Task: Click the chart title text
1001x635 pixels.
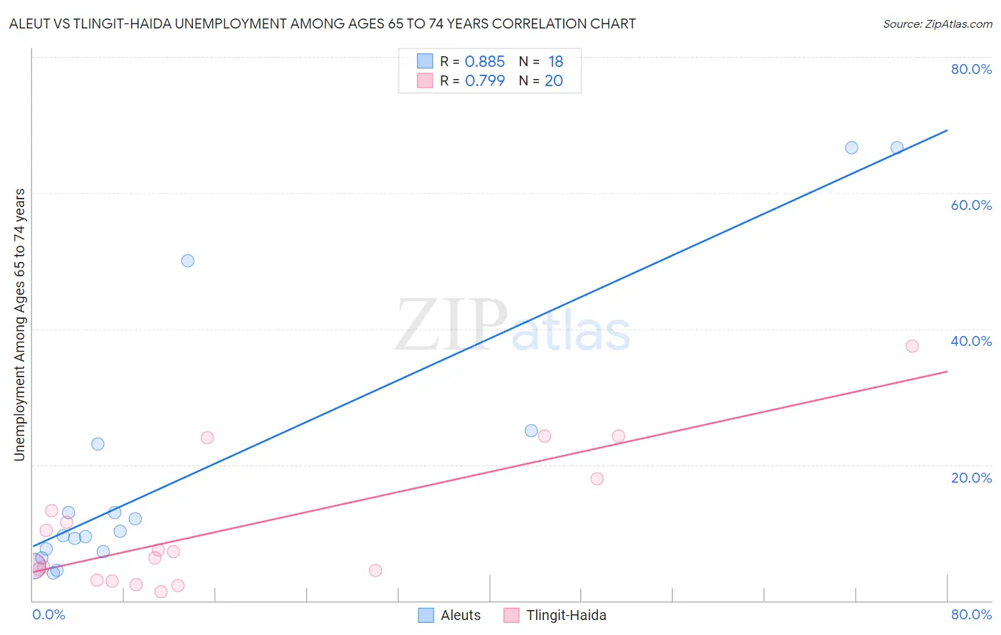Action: [323, 23]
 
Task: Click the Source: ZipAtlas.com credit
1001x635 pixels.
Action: [937, 24]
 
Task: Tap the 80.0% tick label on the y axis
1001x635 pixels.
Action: [970, 69]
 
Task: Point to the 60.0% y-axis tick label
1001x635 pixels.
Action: [970, 205]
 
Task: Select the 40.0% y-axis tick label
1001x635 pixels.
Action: [970, 341]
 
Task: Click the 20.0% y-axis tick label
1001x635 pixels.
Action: [970, 478]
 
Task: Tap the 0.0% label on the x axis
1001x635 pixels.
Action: [49, 614]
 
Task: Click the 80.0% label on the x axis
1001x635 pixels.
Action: [970, 614]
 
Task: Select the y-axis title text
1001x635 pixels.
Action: [19, 325]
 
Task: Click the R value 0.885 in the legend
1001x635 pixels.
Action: [484, 62]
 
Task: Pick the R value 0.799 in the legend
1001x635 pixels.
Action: [484, 81]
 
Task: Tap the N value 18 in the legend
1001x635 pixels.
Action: [555, 62]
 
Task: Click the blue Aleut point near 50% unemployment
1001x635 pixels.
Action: [187, 261]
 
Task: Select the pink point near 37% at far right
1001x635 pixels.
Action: [912, 346]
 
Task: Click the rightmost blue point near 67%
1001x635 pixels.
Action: [897, 147]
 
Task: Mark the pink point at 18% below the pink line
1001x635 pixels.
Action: [597, 478]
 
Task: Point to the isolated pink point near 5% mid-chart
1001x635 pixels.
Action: [375, 570]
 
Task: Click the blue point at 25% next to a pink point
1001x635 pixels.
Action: [531, 431]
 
